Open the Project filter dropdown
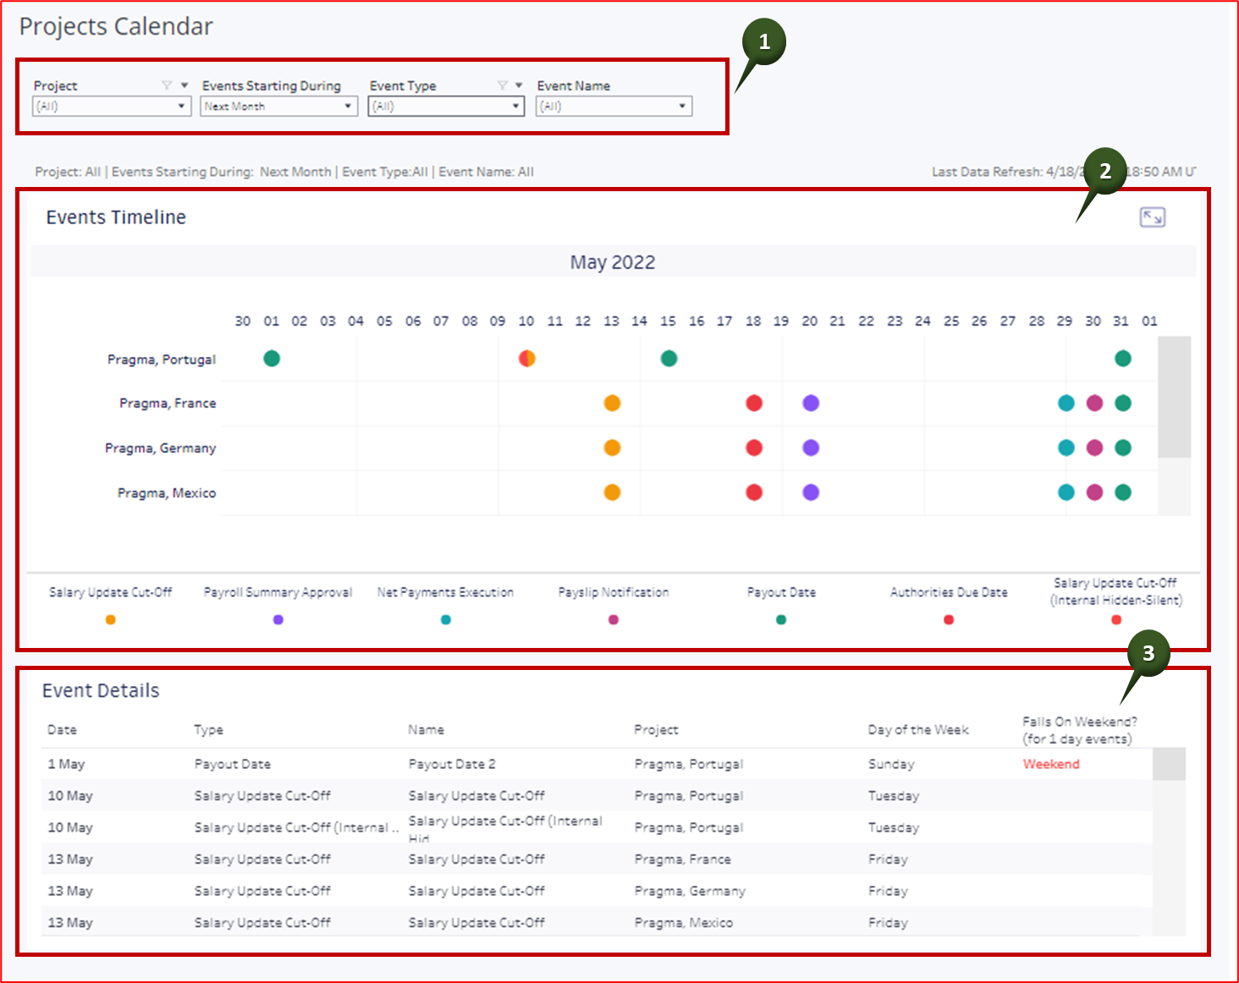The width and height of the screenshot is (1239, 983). coord(111,107)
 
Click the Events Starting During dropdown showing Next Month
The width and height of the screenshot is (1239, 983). coord(278,107)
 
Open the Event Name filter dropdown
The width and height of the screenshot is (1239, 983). coord(614,107)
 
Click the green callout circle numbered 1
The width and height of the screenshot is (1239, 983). coord(764,41)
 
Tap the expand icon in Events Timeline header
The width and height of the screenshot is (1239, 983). coord(1152,217)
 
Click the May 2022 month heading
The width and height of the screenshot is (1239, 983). coord(612,262)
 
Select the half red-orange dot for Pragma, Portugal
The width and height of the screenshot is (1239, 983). coord(526,359)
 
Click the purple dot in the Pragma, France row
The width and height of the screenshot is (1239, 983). coord(811,404)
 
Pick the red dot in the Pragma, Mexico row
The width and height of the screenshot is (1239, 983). coord(754,492)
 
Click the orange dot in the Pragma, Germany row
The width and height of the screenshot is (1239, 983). coord(612,448)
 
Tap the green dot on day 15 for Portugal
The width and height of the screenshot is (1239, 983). coord(669,359)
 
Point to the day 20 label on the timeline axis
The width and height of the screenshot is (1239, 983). coord(810,321)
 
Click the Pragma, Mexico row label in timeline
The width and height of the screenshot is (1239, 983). coord(167,493)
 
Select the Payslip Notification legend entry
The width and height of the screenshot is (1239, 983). coord(614,593)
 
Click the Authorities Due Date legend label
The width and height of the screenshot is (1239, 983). coord(949,593)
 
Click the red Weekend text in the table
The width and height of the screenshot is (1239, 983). coord(1051,765)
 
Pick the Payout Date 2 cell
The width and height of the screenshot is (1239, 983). coord(452,765)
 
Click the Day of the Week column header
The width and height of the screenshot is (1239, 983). coord(918,730)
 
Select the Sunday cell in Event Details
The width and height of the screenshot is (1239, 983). coord(891,765)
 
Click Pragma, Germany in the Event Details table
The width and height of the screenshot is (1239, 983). coord(690,892)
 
